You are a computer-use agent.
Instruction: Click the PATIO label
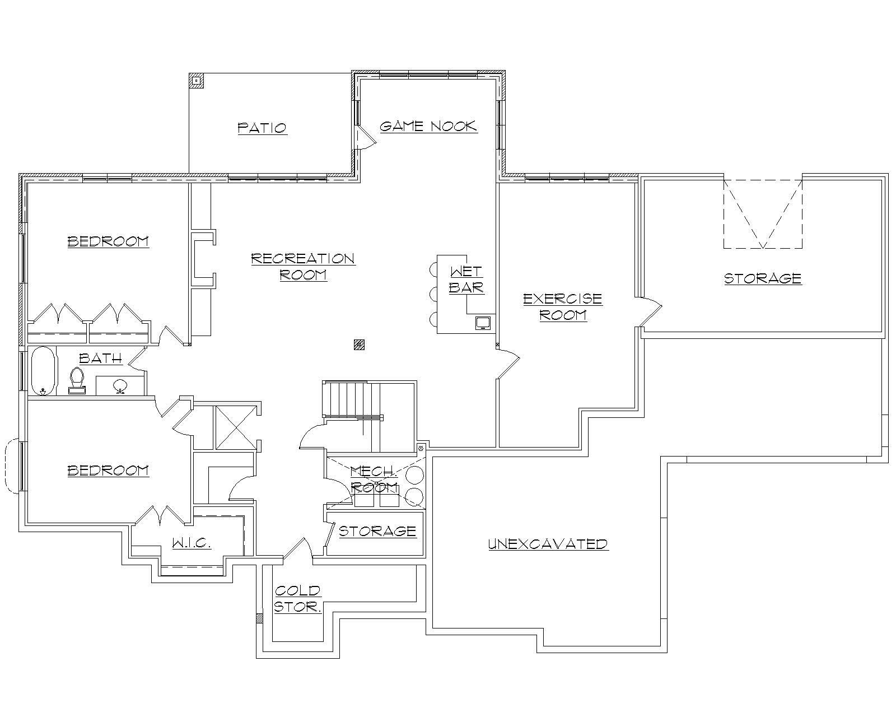coord(262,128)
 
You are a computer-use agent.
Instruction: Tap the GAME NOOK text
coord(428,126)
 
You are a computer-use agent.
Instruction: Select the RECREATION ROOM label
coord(303,267)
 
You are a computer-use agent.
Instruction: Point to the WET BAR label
coord(466,280)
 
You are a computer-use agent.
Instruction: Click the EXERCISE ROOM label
coord(563,306)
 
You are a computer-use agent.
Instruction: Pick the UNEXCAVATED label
coord(548,544)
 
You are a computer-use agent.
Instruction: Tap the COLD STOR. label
coord(297,598)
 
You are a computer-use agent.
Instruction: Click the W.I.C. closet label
coord(191,543)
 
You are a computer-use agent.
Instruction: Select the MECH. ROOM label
coord(374,479)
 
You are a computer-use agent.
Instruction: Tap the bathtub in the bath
coord(43,371)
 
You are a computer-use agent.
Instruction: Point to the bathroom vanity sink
coord(120,386)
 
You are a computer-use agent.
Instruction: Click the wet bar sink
coord(483,323)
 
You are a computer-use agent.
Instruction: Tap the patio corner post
coord(197,81)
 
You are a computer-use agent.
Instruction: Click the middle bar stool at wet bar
coord(433,294)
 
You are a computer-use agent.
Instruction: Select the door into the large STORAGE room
coord(651,311)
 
